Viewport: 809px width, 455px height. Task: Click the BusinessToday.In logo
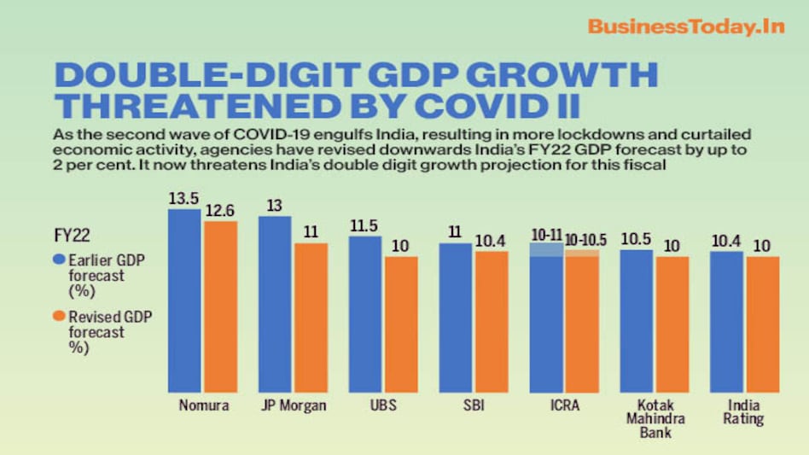tap(685, 26)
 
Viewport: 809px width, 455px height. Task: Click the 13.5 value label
tap(184, 198)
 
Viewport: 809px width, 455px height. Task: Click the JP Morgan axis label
tap(293, 405)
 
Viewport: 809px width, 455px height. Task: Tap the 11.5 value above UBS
tap(365, 226)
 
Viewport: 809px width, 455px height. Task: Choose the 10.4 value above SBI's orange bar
tap(492, 241)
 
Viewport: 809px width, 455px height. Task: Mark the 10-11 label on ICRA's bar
tap(546, 234)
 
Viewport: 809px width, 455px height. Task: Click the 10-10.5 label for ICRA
tap(582, 240)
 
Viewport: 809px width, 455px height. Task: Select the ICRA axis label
tap(564, 405)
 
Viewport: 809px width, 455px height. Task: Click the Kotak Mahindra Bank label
tap(655, 418)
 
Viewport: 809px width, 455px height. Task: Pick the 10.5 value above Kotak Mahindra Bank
tap(636, 240)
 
